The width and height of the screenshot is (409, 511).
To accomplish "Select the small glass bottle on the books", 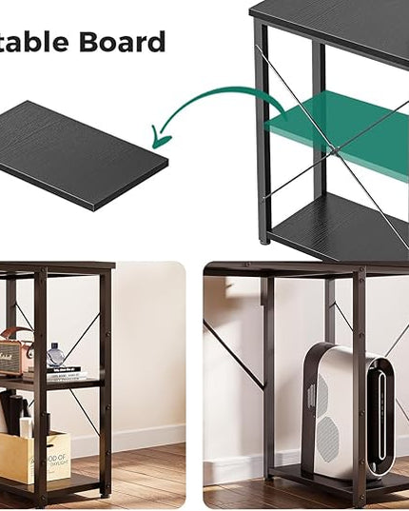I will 56,357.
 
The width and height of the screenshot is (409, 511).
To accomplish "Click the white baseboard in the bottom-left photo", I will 143,446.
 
